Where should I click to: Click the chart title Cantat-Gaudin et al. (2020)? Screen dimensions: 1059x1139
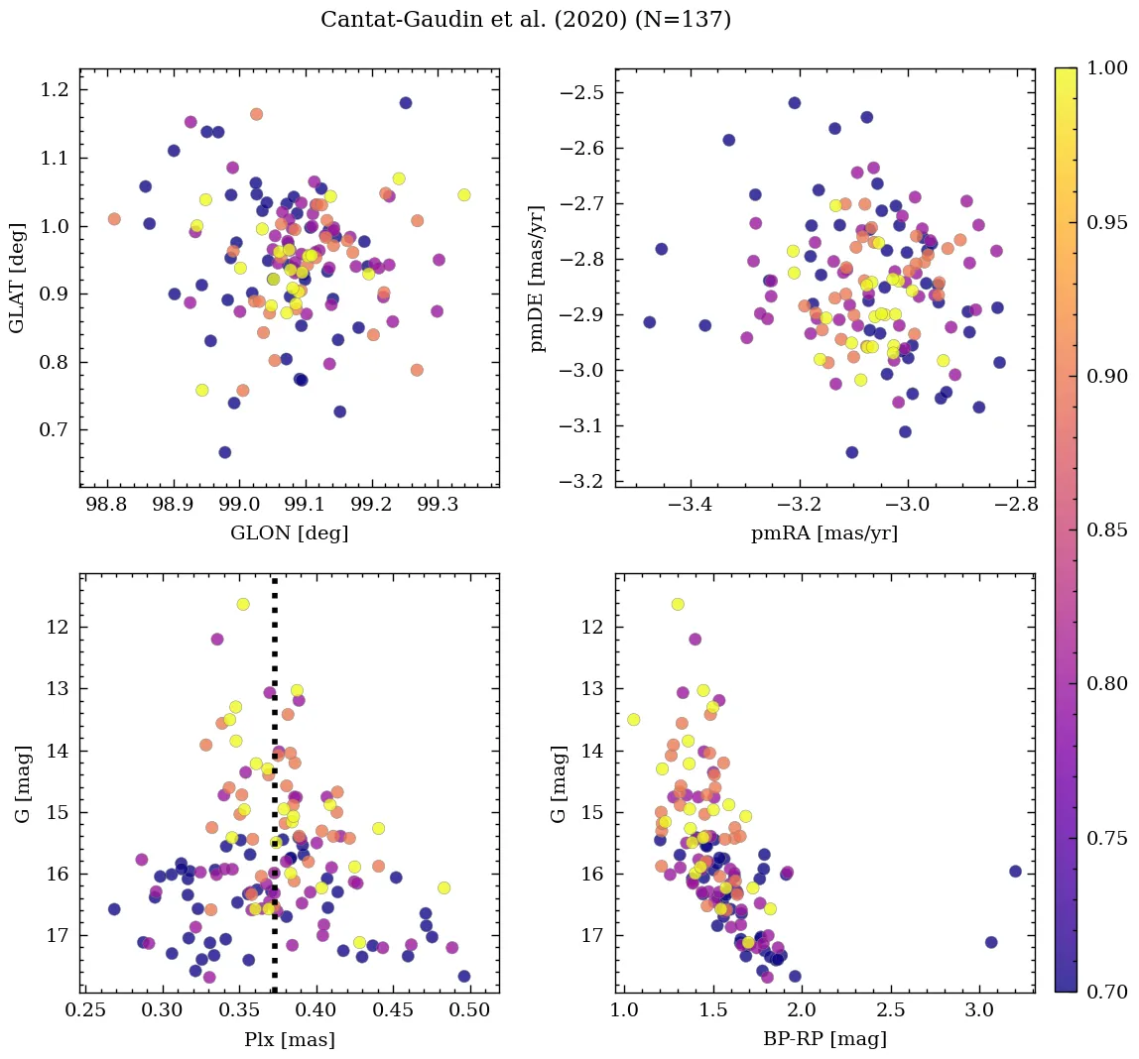tap(526, 20)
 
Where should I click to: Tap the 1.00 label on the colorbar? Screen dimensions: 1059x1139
tap(1107, 68)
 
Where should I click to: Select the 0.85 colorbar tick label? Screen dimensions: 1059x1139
tap(1107, 529)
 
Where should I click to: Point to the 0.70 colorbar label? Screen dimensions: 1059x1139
tap(1107, 992)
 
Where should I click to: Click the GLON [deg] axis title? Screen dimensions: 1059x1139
tap(289, 533)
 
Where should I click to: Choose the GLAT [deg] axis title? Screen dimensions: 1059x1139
tap(17, 277)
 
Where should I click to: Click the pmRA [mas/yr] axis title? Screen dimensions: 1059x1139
tap(824, 533)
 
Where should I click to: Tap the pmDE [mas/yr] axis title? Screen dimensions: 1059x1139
tap(539, 277)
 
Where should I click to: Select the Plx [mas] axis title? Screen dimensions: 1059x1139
tap(289, 1040)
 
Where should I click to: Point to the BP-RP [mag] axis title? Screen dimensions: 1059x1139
tap(824, 1040)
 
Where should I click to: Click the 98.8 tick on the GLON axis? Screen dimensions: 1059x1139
tap(106, 506)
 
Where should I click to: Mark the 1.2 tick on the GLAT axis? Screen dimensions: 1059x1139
tap(55, 90)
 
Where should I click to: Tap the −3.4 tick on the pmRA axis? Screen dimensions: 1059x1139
tap(692, 506)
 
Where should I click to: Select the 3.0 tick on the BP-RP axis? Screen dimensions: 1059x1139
tap(979, 1011)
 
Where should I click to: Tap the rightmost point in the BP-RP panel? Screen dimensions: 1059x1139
tap(1015, 872)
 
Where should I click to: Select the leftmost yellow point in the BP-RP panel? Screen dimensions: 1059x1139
tap(633, 720)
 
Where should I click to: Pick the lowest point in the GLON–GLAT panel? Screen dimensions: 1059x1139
tap(225, 452)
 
